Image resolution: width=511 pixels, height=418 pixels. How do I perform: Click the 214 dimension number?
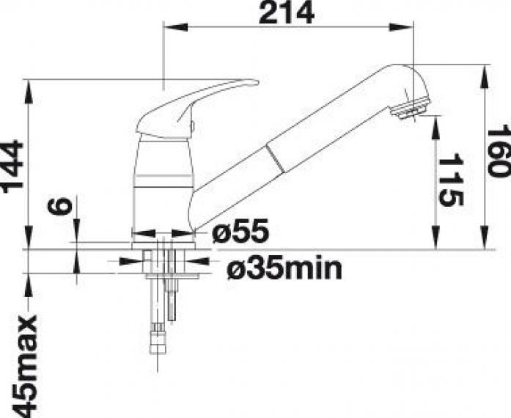click(287, 13)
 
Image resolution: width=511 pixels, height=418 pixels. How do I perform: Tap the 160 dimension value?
click(498, 150)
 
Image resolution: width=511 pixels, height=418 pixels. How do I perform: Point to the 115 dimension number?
click(451, 180)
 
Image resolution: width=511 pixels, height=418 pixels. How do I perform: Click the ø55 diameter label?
click(240, 231)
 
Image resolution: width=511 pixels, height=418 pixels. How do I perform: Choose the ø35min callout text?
click(284, 269)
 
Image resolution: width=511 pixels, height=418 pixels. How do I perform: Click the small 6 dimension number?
click(59, 206)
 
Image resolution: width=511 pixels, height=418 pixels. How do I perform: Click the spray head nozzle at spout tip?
click(411, 110)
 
